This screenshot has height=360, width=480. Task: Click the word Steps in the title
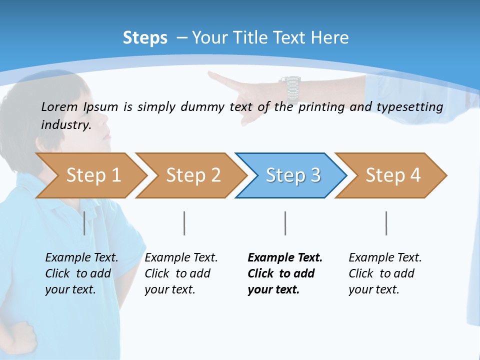pos(145,38)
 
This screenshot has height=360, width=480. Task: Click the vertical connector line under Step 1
pos(84,223)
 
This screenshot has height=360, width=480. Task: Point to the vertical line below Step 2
pos(184,223)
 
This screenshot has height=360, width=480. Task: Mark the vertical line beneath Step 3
pos(285,223)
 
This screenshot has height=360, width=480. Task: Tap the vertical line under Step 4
pos(386,223)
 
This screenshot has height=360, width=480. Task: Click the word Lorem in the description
pos(59,107)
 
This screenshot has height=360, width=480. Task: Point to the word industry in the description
pos(65,125)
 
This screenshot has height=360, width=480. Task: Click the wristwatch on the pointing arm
pos(290,88)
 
